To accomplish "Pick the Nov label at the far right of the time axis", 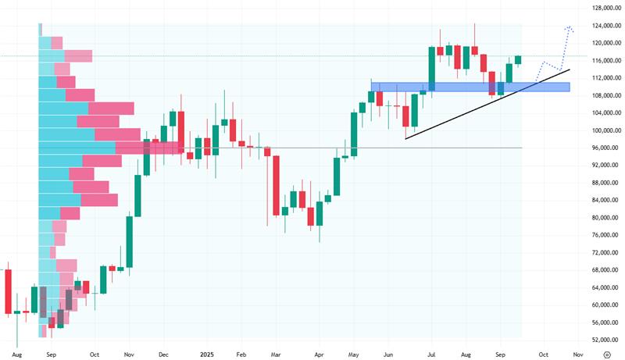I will tap(578, 354).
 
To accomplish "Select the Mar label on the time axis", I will tap(276, 354).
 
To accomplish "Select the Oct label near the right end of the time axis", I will tap(544, 354).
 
